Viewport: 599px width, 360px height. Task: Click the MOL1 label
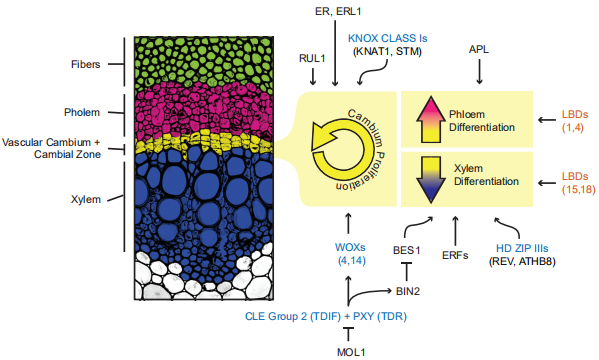(351, 352)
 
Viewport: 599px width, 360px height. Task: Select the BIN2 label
(408, 292)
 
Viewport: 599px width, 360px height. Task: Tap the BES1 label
(406, 251)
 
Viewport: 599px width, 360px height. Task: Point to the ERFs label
(455, 255)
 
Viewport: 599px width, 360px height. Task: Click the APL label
(479, 49)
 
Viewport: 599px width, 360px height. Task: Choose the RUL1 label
(312, 58)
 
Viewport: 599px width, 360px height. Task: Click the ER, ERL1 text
(338, 11)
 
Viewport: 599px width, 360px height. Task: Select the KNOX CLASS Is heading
(387, 39)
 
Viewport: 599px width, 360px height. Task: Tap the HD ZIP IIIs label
(522, 248)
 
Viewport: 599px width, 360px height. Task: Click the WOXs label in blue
(350, 247)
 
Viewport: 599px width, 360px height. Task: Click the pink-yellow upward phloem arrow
(431, 120)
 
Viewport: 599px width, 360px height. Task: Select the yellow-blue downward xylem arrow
(431, 180)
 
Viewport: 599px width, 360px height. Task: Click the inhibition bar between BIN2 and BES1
(406, 271)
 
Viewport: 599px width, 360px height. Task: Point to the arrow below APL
(479, 71)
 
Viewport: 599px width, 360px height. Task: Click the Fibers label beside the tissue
(86, 64)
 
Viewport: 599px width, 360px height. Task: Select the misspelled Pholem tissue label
(82, 112)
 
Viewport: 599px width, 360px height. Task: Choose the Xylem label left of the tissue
(86, 199)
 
